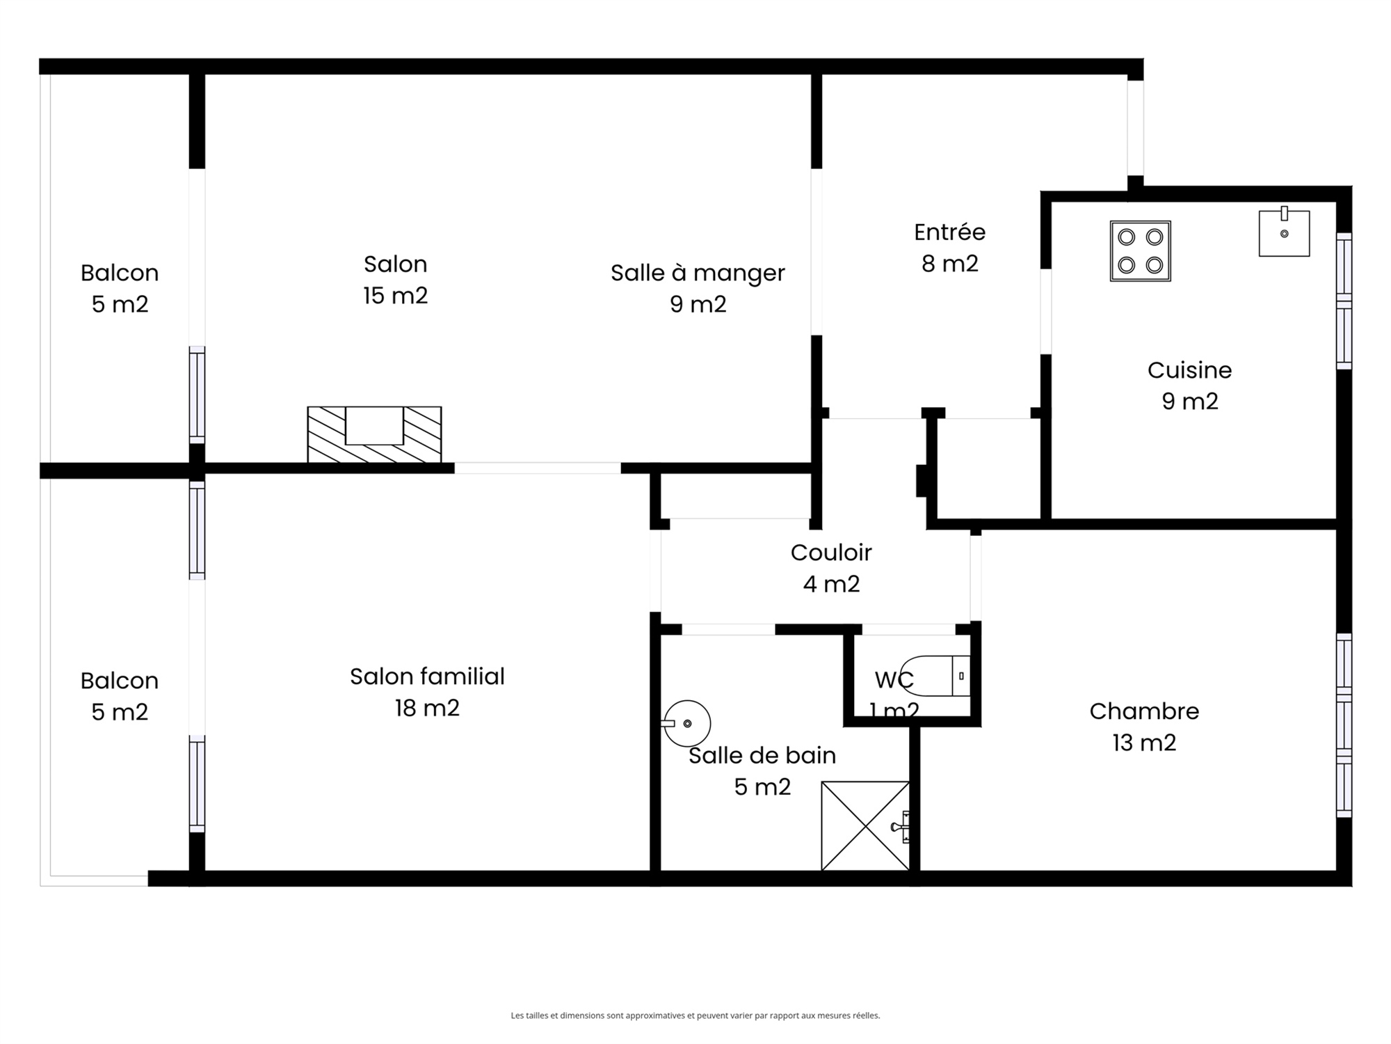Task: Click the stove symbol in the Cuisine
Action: (x=1141, y=251)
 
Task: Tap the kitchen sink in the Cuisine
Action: (x=1284, y=232)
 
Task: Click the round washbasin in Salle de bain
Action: (x=686, y=724)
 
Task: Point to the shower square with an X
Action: (x=865, y=825)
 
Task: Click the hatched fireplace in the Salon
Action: (x=374, y=434)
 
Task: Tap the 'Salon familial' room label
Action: (x=427, y=677)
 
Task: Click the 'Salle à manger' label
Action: (x=698, y=273)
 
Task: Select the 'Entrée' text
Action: (x=950, y=232)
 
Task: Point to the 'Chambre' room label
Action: (x=1144, y=711)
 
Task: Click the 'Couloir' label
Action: (x=831, y=553)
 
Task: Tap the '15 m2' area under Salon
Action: (x=395, y=296)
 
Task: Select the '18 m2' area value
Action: (x=427, y=709)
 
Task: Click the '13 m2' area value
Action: (x=1144, y=743)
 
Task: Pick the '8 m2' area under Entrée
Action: (x=950, y=264)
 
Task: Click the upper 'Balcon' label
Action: (x=120, y=273)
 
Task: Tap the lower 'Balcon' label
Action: (x=120, y=681)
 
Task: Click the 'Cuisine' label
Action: (x=1189, y=370)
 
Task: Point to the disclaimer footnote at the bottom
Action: (x=695, y=1015)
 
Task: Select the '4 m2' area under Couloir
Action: (x=831, y=584)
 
